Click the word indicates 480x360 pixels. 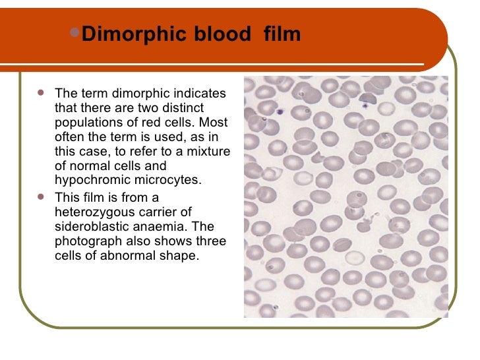coord(199,94)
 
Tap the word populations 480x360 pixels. coord(86,123)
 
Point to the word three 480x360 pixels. coord(208,241)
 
